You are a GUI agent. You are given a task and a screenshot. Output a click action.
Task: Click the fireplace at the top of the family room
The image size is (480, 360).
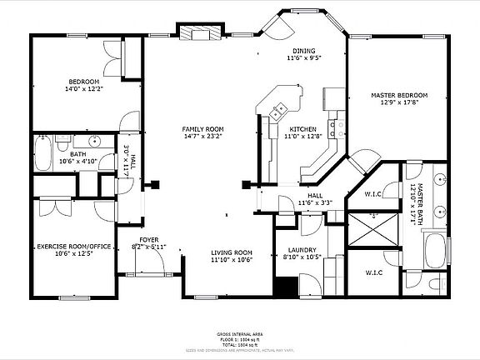pos(202,33)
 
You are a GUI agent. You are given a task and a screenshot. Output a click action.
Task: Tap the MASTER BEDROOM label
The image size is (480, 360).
pos(398,96)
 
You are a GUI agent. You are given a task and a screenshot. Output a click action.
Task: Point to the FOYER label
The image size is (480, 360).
pos(148,238)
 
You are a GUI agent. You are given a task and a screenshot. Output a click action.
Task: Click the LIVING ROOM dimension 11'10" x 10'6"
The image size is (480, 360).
pos(232,260)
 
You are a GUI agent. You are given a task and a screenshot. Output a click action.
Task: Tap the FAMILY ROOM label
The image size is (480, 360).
pos(204,129)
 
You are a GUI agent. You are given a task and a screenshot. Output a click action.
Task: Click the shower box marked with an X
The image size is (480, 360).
pos(372,227)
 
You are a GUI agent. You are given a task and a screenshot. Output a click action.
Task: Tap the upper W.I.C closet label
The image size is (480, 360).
pos(373,195)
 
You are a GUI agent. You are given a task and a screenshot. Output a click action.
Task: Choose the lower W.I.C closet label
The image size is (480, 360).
pos(373,272)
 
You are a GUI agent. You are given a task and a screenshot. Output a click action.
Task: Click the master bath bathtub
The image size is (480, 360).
pos(434,250)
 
